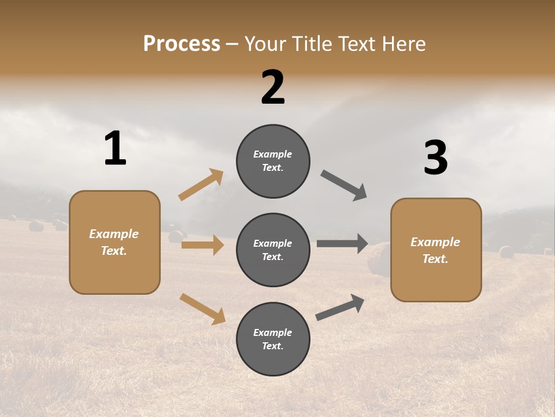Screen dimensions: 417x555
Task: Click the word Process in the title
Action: coord(182,44)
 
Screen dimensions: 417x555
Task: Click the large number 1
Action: coord(115,149)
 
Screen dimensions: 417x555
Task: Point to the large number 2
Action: coord(273,87)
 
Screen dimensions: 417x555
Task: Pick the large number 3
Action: coord(435,158)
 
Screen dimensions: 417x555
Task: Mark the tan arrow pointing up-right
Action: coord(201,185)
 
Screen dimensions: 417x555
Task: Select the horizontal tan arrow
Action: coord(203,245)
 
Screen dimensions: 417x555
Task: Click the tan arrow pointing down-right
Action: coord(203,309)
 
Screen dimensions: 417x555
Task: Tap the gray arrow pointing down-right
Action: coord(344,185)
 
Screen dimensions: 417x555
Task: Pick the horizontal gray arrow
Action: coord(342,244)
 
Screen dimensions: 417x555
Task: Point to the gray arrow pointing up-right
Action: coord(341,307)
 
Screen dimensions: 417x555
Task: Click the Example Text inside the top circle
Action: coord(273,161)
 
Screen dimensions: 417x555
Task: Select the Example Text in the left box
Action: coord(114,242)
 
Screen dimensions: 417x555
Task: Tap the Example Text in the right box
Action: coord(435,250)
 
